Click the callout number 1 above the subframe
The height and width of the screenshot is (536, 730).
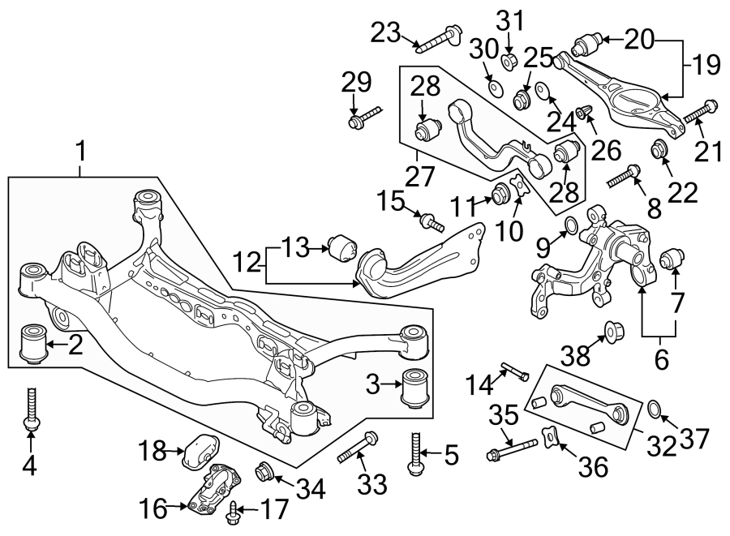tap(80, 150)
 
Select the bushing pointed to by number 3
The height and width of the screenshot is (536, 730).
tap(416, 388)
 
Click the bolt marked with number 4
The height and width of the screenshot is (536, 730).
tap(31, 409)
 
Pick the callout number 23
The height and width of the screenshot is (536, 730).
tap(386, 33)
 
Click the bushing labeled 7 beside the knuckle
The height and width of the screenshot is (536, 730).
tap(670, 259)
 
